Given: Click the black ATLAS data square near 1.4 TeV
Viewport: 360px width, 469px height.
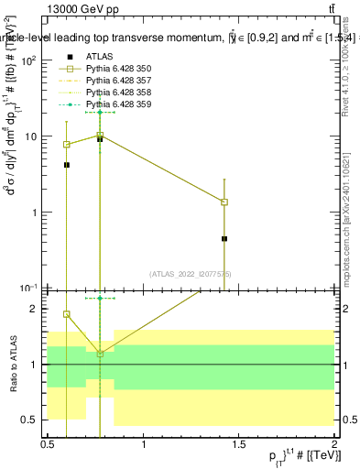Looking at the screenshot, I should pyautogui.click(x=224, y=238).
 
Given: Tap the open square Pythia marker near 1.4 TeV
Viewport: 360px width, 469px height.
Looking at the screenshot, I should pyautogui.click(x=224, y=202).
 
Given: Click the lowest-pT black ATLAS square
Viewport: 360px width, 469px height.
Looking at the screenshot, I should pyautogui.click(x=67, y=165).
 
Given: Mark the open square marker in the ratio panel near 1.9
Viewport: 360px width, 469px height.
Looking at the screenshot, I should pyautogui.click(x=67, y=314).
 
